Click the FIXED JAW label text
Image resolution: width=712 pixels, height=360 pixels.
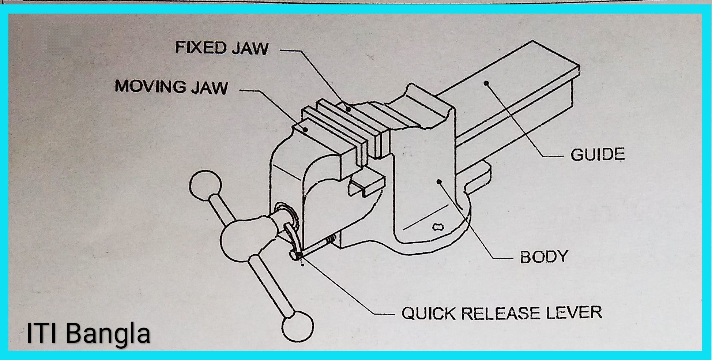[x=222, y=48]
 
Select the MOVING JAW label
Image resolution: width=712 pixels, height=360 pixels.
[x=171, y=87]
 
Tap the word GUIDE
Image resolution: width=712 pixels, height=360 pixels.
[x=597, y=155]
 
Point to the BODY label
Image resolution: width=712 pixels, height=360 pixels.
[x=543, y=256]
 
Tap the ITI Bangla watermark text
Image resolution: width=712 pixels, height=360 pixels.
[x=88, y=333]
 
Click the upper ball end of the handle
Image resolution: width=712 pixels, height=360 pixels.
[x=206, y=186]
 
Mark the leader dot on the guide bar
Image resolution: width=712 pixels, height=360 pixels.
[x=486, y=83]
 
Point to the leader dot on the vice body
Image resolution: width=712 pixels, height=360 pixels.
[x=439, y=181]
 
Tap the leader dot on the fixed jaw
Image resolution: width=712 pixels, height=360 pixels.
[x=349, y=109]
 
